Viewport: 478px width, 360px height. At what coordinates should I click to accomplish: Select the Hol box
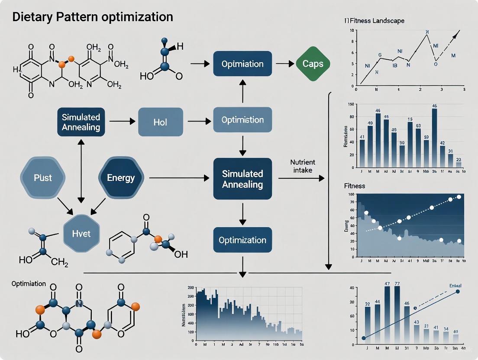coord(160,122)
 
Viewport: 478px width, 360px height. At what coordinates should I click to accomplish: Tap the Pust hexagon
coord(43,177)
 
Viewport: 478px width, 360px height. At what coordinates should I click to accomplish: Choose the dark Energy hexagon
coord(121,177)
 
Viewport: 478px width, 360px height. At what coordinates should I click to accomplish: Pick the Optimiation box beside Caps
coord(242,64)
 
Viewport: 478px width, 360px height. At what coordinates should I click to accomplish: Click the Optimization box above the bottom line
coord(242,240)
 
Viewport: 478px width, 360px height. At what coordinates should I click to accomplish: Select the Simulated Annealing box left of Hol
coord(81,122)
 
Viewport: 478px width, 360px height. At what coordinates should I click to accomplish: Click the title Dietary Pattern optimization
coord(93,17)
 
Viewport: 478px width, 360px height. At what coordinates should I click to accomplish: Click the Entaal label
coord(455,286)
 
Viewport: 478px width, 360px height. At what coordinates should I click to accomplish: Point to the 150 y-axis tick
coord(351,105)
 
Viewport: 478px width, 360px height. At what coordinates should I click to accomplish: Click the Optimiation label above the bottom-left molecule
coord(29,284)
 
